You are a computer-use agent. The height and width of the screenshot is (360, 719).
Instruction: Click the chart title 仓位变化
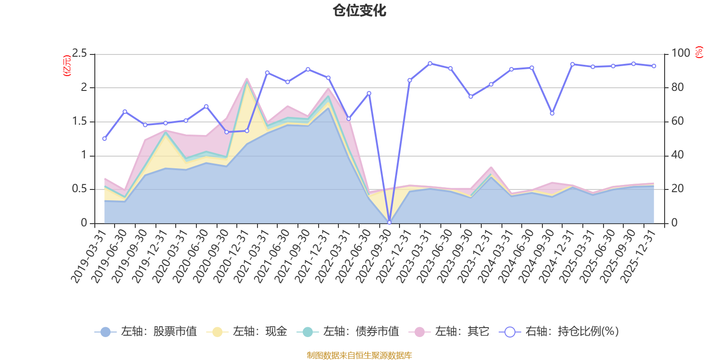click(359, 10)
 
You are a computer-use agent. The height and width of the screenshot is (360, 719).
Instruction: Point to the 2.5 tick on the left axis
click(80, 54)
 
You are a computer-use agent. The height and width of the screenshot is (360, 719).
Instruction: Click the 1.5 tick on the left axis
click(80, 121)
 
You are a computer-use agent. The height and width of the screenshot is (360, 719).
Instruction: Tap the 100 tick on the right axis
click(680, 53)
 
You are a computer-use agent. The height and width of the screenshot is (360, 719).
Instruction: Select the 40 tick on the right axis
click(677, 155)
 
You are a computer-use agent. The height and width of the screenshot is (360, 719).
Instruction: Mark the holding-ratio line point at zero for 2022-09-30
click(389, 223)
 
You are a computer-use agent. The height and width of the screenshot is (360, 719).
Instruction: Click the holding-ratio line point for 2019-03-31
click(104, 139)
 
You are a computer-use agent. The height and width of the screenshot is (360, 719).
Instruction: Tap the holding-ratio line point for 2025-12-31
click(654, 66)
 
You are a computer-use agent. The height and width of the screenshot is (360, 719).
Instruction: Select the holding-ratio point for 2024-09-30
click(552, 113)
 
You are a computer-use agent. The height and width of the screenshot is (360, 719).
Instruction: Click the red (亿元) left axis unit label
click(67, 66)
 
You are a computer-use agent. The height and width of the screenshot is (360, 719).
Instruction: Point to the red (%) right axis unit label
click(699, 52)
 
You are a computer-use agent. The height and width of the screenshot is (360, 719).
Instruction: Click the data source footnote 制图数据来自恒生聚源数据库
click(359, 355)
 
